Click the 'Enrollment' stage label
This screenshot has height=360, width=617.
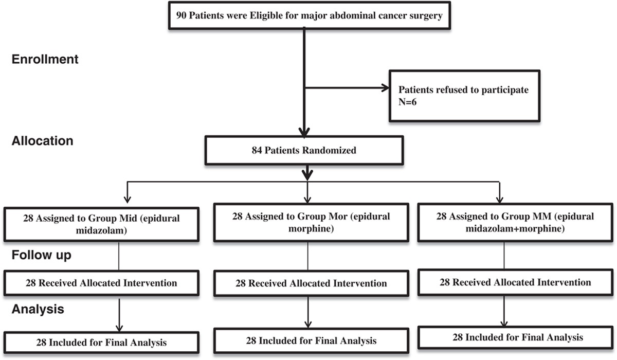point(45,59)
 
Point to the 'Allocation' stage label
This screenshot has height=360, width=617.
point(42,141)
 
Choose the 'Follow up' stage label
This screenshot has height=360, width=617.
point(42,255)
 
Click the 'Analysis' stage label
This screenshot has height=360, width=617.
point(38,310)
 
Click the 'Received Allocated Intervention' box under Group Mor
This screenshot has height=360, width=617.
point(311,283)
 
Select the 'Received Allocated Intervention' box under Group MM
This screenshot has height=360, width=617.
point(515,282)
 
